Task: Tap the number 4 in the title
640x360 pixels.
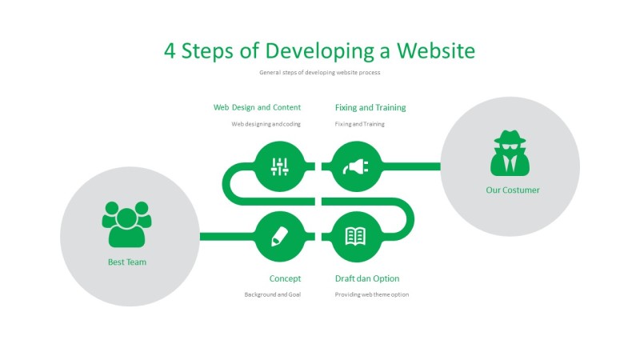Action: (x=170, y=50)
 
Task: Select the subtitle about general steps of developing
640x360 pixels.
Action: (x=320, y=72)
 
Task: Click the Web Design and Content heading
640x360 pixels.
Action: (x=257, y=107)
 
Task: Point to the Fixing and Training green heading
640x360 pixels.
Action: (x=370, y=107)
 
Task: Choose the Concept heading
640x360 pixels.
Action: (x=285, y=278)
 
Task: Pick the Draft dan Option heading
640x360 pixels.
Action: (x=367, y=278)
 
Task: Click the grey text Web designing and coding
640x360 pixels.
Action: (x=266, y=124)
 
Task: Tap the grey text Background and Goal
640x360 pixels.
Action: (x=273, y=294)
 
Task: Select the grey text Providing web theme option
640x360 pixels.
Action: (x=372, y=294)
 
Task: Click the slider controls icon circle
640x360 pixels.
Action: (x=279, y=166)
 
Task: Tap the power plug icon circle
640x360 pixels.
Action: (x=356, y=166)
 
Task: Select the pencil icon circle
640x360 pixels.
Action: (x=279, y=236)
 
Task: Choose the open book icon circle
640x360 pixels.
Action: (x=356, y=236)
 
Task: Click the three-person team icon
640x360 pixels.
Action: (x=126, y=224)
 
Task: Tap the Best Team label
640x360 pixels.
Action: (x=127, y=262)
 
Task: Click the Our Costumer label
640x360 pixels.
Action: (x=513, y=190)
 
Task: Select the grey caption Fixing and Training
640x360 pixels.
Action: (x=360, y=124)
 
